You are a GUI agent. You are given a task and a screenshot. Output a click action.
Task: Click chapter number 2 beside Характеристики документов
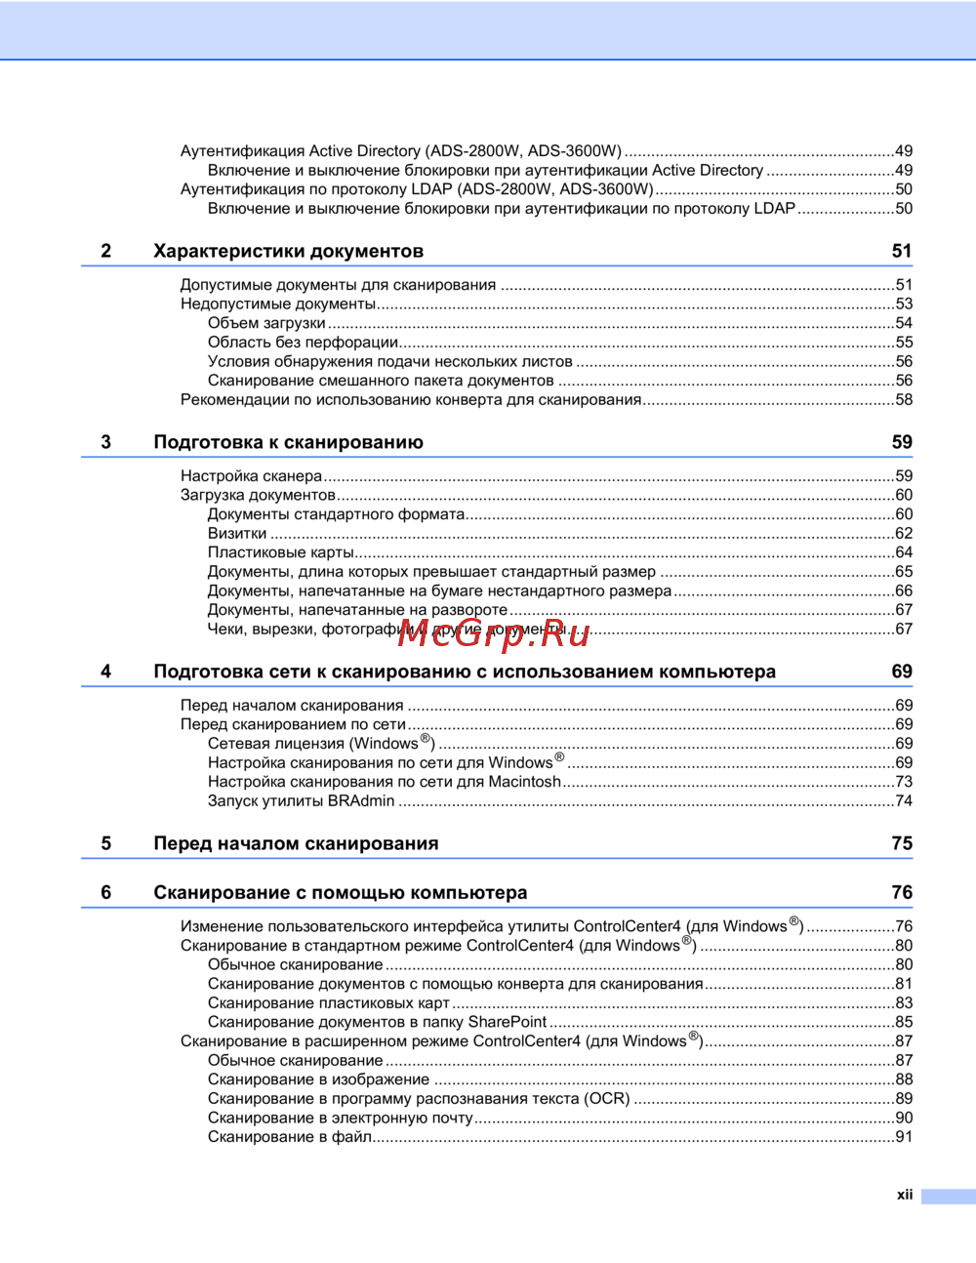coord(106,252)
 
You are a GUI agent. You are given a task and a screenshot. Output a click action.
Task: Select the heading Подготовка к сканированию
coord(288,443)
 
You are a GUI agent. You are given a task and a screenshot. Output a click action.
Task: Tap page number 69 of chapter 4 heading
coord(902,672)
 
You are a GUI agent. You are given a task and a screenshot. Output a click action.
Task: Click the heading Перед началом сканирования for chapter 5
coord(296,844)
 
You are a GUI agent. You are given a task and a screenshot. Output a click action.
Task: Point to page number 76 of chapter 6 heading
coord(902,893)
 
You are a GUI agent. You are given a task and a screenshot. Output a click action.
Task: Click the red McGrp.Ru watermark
coord(494,633)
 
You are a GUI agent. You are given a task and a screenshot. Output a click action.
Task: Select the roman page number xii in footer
coord(905,1195)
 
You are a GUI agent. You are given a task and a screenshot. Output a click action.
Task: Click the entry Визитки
coord(237,534)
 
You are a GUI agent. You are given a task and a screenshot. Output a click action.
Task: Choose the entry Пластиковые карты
coord(281,553)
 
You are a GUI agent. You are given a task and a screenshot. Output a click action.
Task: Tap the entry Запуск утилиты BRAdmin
coord(301,801)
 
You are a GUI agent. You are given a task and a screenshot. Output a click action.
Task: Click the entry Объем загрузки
coord(266,323)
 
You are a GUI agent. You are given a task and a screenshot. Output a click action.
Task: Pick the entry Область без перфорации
coord(303,343)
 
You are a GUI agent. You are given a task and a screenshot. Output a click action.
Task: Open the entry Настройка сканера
coord(251,476)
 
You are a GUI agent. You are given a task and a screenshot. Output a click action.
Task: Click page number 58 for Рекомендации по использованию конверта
coord(904,400)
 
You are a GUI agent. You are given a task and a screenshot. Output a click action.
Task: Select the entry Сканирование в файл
coord(290,1137)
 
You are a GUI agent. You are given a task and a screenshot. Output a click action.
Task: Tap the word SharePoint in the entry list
coord(508,1022)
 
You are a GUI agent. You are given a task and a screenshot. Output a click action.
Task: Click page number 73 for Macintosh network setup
coord(904,782)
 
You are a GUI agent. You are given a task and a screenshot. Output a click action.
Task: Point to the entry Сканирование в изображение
coord(318,1080)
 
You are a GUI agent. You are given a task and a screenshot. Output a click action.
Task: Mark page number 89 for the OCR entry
coord(904,1099)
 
